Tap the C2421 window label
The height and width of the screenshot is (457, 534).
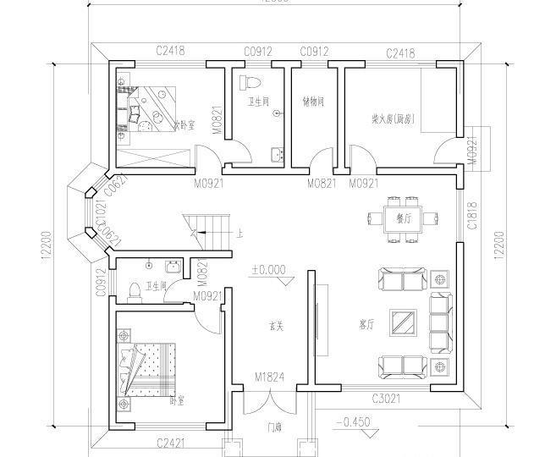click(x=170, y=442)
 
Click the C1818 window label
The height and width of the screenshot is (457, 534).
click(x=472, y=214)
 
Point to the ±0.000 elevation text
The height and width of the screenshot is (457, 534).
click(x=267, y=271)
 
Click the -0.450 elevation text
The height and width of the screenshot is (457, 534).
click(x=353, y=421)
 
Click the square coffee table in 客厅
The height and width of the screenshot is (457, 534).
click(x=403, y=322)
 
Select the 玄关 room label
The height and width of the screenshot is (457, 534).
click(x=276, y=325)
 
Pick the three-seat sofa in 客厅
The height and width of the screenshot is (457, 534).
click(x=438, y=322)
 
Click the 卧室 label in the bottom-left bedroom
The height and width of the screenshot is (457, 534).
click(x=176, y=399)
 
